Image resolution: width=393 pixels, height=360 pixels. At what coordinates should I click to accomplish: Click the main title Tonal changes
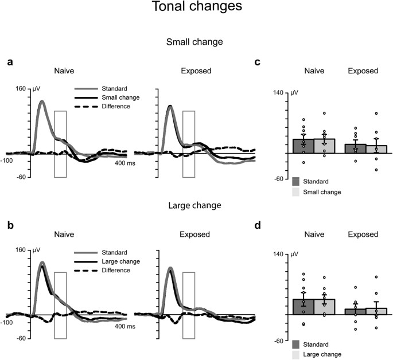[197, 7]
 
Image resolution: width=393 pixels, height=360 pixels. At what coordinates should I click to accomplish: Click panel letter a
[9, 62]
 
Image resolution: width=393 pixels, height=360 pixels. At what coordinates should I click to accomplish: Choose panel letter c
[258, 62]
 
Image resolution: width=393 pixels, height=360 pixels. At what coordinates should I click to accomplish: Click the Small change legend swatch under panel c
[295, 193]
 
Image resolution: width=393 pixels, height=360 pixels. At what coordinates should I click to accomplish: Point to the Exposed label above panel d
[363, 234]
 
